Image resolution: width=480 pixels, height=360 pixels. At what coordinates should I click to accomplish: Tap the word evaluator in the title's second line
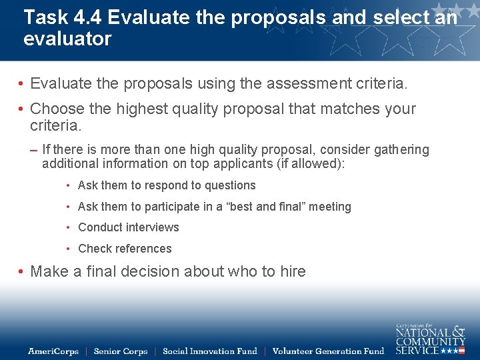point(67,39)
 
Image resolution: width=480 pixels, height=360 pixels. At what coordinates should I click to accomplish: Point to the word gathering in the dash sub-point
point(397,150)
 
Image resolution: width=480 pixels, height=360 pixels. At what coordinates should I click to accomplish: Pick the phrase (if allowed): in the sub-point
point(316,163)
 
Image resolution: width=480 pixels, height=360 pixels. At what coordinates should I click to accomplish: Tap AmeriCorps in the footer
point(53,351)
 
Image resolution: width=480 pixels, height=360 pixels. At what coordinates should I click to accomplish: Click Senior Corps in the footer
point(121,351)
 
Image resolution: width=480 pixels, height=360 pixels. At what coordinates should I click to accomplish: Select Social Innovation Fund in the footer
point(210,351)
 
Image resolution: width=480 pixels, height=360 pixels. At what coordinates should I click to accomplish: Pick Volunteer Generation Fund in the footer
point(329,351)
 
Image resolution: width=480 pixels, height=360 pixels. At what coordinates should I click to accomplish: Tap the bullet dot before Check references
point(69,249)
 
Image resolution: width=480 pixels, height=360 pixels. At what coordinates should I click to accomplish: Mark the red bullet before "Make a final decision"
point(22,272)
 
